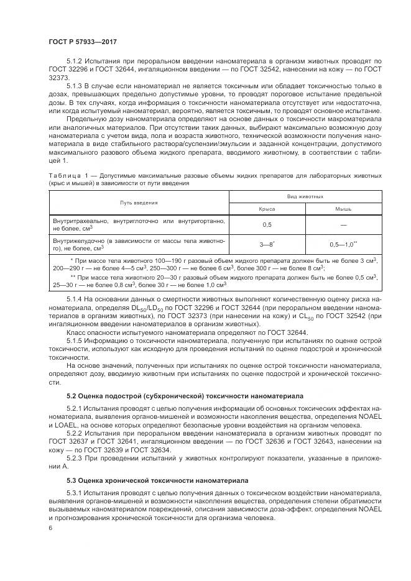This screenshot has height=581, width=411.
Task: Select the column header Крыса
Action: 267,209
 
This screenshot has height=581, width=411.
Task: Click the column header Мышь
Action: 343,209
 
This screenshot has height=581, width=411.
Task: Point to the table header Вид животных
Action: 305,196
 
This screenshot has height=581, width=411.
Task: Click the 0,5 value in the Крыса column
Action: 267,224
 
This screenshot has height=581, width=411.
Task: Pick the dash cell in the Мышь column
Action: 343,224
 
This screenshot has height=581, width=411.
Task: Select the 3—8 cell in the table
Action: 267,244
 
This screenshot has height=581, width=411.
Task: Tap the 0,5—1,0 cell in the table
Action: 343,244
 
